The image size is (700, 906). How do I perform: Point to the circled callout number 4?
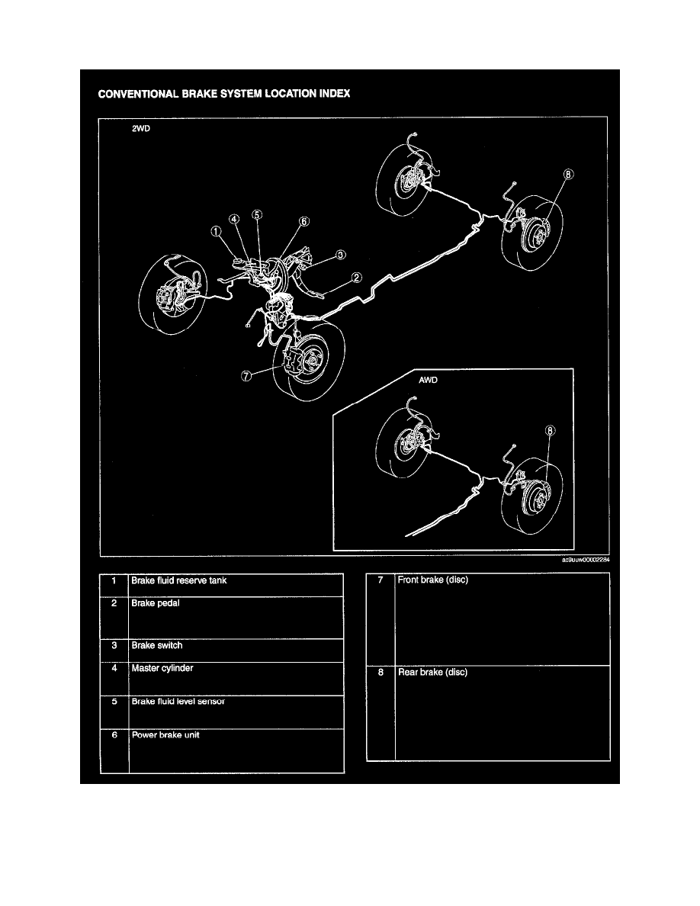pyautogui.click(x=235, y=218)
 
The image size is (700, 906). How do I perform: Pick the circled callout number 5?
pyautogui.click(x=257, y=215)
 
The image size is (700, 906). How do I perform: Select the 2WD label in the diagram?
pyautogui.click(x=143, y=130)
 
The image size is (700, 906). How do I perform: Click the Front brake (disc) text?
pyautogui.click(x=432, y=580)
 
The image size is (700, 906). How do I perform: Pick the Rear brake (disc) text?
pyautogui.click(x=432, y=673)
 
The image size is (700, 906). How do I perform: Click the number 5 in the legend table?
pyautogui.click(x=113, y=702)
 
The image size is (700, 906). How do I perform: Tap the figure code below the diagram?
pyautogui.click(x=586, y=560)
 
